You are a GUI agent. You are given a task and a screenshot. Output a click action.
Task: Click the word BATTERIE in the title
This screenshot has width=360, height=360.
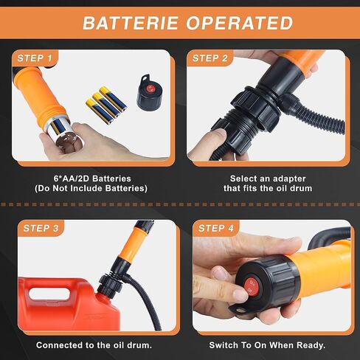click(131, 23)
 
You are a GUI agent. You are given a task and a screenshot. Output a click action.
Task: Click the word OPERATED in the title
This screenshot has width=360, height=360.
click(240, 23)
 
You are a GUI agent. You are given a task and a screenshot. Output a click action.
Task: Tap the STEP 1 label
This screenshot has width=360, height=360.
click(35, 58)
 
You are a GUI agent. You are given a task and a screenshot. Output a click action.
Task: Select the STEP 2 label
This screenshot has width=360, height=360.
click(210, 58)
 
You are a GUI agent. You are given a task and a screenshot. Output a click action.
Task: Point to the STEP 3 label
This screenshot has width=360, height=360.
click(41, 229)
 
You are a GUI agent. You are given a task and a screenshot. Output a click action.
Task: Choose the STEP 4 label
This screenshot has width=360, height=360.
click(216, 229)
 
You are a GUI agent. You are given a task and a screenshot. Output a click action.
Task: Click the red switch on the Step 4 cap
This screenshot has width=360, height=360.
click(252, 287)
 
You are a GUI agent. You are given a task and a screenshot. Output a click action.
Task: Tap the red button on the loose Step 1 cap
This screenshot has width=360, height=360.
click(150, 89)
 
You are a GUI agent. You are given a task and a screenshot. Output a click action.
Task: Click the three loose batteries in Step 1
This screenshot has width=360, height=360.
click(106, 105)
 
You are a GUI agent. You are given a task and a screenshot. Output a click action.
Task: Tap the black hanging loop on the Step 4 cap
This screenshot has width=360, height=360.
click(241, 309)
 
